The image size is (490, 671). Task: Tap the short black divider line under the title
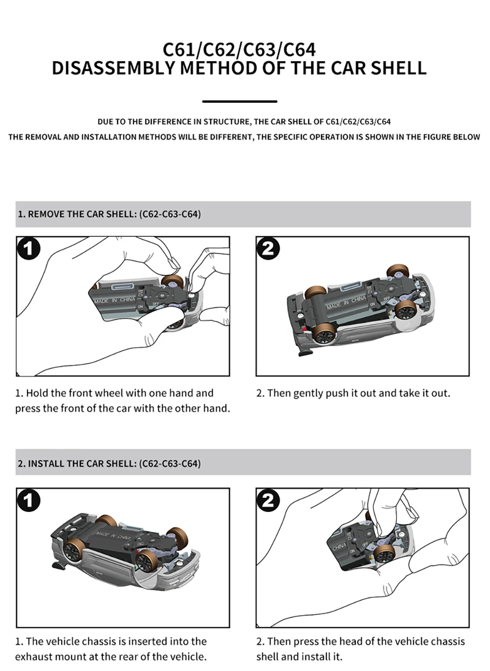240,101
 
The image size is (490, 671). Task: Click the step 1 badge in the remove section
28,249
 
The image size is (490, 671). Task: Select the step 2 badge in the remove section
268,249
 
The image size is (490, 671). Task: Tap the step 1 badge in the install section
28,500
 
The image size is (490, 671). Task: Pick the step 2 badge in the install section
268,500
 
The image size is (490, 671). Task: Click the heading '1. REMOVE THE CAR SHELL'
109,214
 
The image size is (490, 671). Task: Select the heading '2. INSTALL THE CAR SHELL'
109,463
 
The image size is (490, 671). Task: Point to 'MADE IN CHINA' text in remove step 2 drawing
346,301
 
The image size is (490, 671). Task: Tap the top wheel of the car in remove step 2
397,272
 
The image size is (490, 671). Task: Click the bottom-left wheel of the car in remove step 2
325,335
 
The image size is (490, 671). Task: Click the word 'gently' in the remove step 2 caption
310,393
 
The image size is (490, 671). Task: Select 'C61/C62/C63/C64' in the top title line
239,49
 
